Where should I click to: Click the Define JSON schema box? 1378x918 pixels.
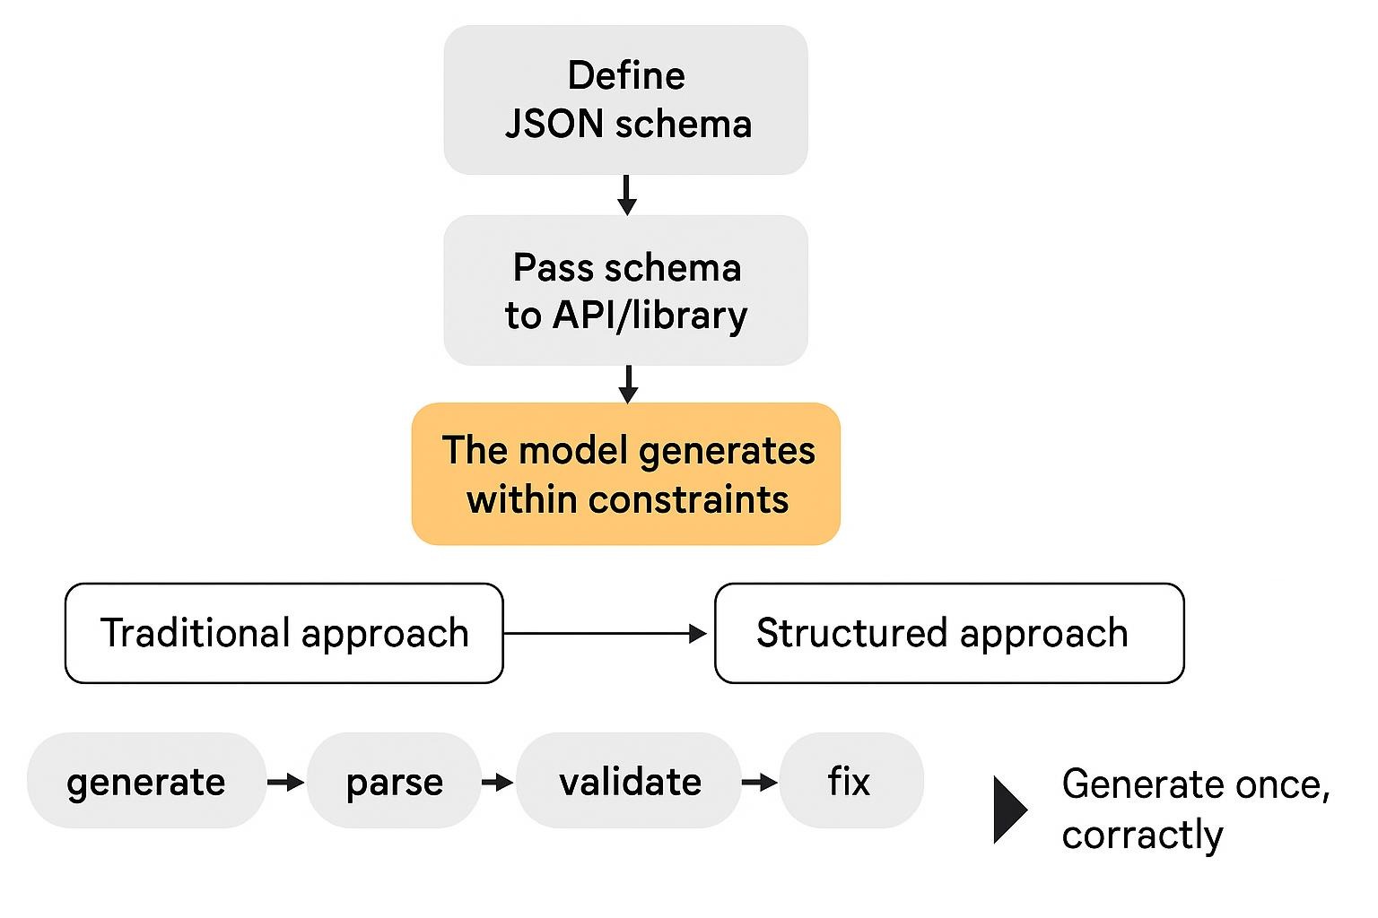coord(625,100)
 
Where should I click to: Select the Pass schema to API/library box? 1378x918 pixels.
coord(625,290)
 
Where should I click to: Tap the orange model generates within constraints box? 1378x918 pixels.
coord(625,473)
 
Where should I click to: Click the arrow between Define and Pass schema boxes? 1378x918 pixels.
coord(627,195)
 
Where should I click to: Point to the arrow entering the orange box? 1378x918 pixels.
coord(628,384)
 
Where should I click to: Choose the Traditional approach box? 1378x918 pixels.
coord(283,633)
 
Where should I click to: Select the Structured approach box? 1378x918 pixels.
coord(948,633)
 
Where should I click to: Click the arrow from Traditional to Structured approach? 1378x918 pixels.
coord(606,634)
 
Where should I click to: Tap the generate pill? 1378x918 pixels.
coord(146,781)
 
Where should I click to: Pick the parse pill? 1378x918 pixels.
coord(394,781)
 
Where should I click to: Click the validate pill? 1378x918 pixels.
coord(629,781)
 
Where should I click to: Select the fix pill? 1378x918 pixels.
coord(850,781)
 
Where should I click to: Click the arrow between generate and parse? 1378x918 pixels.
coord(286,783)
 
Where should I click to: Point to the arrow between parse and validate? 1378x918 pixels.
coord(498,783)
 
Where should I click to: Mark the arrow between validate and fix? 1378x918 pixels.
coord(760,783)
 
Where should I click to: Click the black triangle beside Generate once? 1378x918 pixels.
coord(1008,810)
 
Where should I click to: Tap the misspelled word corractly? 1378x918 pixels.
coord(1142,835)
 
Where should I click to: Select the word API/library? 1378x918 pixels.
coord(650,315)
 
